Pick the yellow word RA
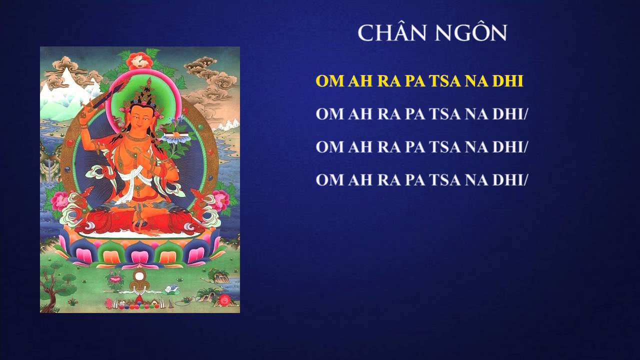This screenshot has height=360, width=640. point(389,81)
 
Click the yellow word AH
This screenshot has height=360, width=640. point(360,81)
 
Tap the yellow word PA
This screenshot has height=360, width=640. point(415,81)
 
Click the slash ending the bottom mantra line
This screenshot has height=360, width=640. point(525,180)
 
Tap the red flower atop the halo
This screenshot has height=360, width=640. point(139,60)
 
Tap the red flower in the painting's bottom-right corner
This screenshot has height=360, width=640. point(225,300)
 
